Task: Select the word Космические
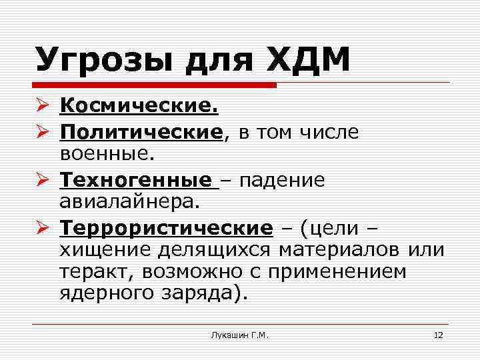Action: [139, 105]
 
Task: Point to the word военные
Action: [106, 154]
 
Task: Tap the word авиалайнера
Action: [139, 201]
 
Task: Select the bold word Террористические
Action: [166, 229]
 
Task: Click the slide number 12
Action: [438, 335]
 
